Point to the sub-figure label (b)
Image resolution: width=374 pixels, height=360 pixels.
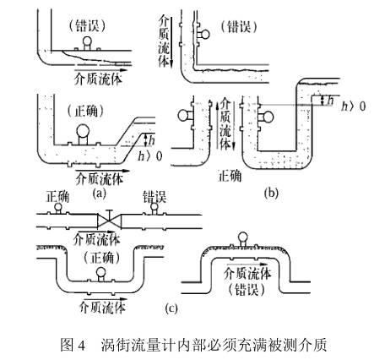(x=270, y=193)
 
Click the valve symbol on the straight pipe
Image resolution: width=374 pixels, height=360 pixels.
(x=120, y=221)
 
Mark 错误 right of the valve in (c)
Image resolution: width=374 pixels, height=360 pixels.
(x=154, y=197)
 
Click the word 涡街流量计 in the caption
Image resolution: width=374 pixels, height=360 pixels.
(x=127, y=345)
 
